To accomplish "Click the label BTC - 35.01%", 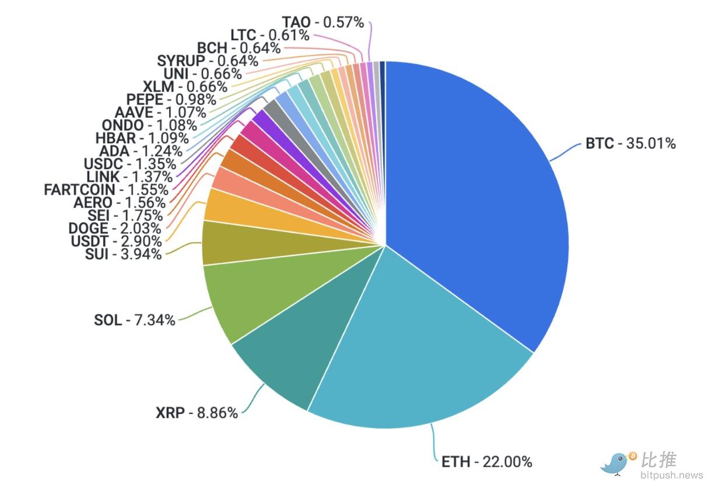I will click(x=630, y=143).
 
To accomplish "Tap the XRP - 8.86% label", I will click(x=197, y=413).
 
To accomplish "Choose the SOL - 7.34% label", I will click(x=135, y=320).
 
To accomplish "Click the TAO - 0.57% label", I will click(x=323, y=23).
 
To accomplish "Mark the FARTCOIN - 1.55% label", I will click(x=106, y=190).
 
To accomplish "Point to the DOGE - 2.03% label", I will click(x=114, y=228).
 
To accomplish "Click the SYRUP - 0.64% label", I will click(x=208, y=61).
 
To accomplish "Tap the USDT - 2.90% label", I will click(x=116, y=241).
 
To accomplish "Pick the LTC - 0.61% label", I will click(x=269, y=36).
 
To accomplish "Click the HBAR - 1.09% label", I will click(x=142, y=138).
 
